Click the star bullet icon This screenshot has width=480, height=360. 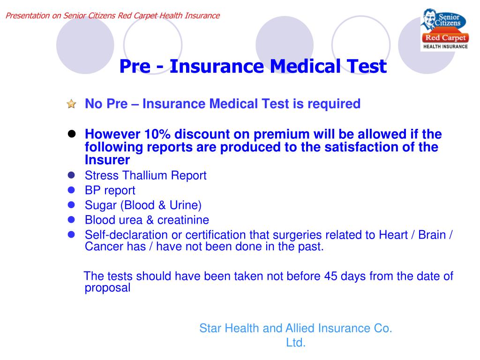(x=71, y=104)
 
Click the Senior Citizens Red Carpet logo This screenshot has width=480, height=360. (x=444, y=29)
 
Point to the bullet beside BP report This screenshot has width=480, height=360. (x=71, y=190)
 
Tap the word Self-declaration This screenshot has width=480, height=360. (x=118, y=235)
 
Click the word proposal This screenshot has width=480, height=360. (x=107, y=288)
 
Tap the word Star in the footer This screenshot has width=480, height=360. (x=210, y=329)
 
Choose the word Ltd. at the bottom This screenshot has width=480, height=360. (x=296, y=343)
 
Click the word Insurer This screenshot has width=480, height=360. (x=107, y=160)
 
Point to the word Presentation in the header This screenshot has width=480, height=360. (x=27, y=15)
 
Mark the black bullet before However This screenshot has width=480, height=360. (x=72, y=134)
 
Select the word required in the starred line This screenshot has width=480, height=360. (x=334, y=104)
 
